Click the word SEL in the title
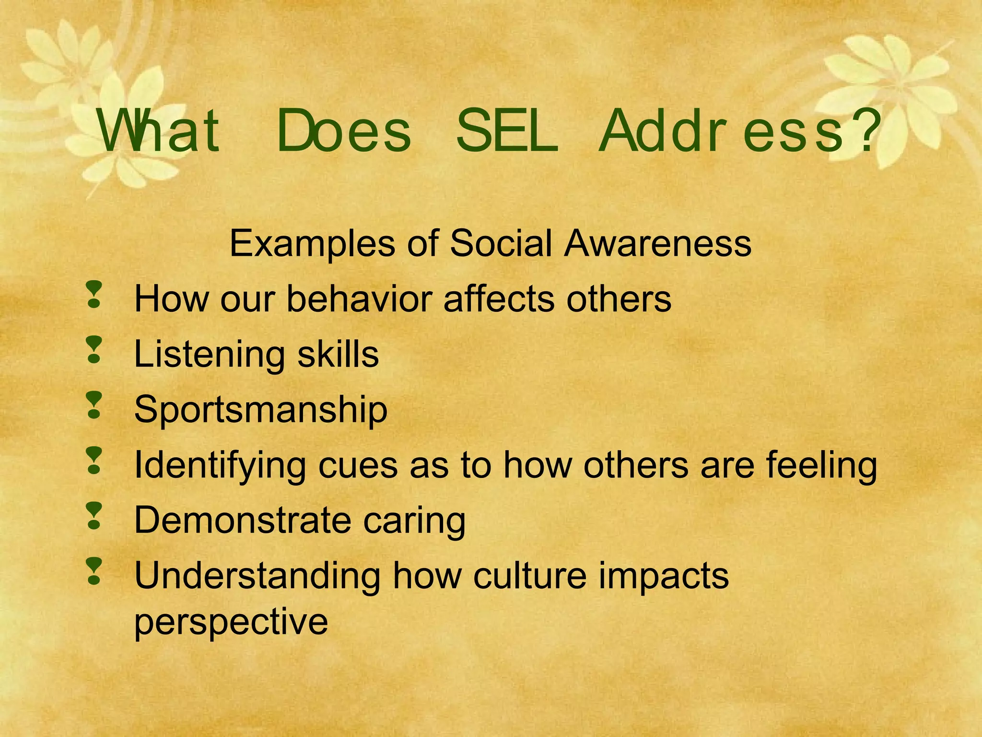507,131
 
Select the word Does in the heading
344,131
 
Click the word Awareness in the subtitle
657,243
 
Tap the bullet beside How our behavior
94,294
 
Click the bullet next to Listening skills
94,349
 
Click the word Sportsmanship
260,410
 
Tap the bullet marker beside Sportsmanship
94,405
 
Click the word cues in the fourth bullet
358,465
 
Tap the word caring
414,521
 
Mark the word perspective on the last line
231,622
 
